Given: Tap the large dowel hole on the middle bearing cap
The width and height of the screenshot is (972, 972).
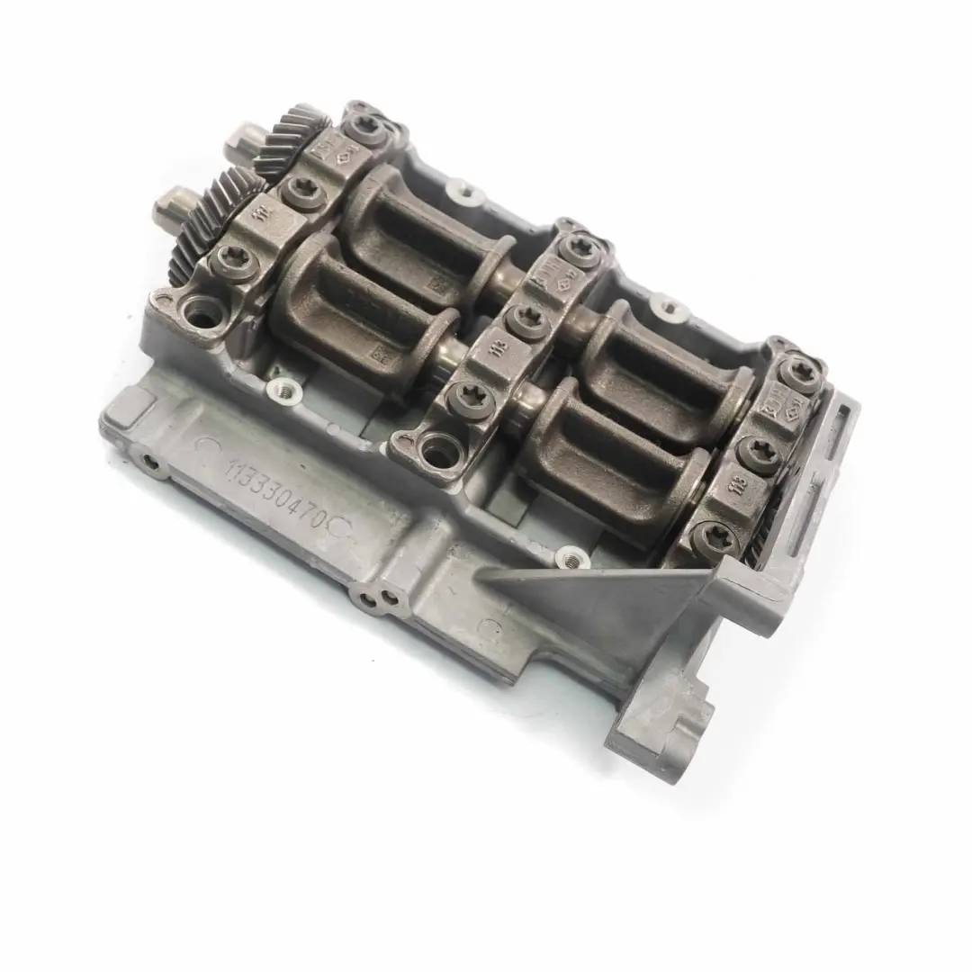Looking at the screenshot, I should [x=439, y=447].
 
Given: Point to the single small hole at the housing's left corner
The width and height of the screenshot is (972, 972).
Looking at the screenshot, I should [x=149, y=463].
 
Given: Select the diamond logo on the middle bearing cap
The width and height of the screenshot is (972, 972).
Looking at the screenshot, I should [x=570, y=267].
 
